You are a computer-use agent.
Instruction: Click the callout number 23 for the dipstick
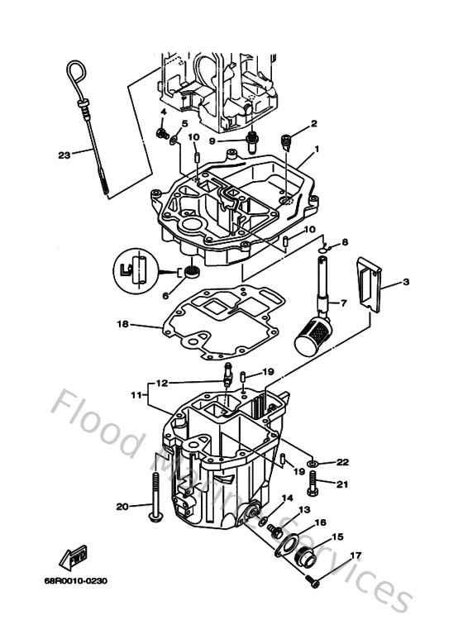point(64,153)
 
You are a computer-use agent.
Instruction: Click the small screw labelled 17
point(312,582)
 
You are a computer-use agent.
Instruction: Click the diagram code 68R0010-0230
point(76,581)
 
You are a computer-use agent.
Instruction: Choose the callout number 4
point(163,111)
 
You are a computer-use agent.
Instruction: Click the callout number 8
point(346,241)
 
